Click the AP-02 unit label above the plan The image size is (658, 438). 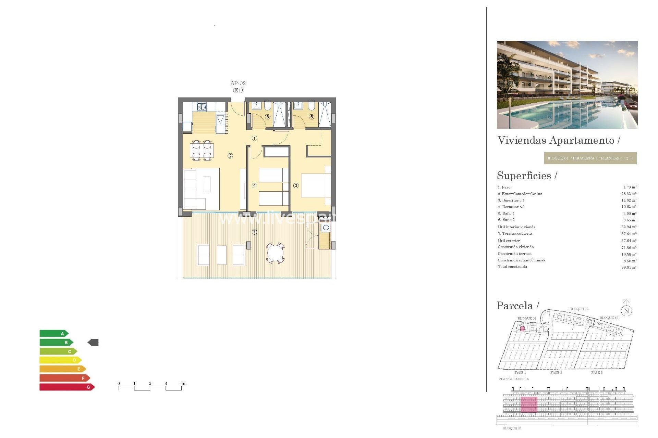pyautogui.click(x=238, y=83)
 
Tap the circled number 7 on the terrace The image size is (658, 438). pyautogui.click(x=254, y=232)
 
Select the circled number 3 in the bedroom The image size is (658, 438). pyautogui.click(x=296, y=185)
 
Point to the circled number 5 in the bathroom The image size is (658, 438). pyautogui.click(x=311, y=117)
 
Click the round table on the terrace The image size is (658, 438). pyautogui.click(x=275, y=254)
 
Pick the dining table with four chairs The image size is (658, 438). pyautogui.click(x=202, y=151)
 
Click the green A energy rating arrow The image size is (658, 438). pyautogui.click(x=54, y=333)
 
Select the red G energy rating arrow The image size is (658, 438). pyautogui.click(x=67, y=387)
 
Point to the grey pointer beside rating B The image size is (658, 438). pyautogui.click(x=93, y=342)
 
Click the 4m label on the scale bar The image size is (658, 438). pyautogui.click(x=184, y=384)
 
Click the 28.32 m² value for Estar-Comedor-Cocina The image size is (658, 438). pyautogui.click(x=629, y=194)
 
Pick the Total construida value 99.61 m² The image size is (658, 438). pyautogui.click(x=629, y=267)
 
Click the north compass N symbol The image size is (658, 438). pyautogui.click(x=626, y=310)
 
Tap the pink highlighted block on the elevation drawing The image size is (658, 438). pyautogui.click(x=529, y=405)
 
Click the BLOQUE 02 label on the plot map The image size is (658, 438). pyautogui.click(x=579, y=309)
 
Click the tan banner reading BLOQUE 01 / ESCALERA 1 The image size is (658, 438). pyautogui.click(x=590, y=158)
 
